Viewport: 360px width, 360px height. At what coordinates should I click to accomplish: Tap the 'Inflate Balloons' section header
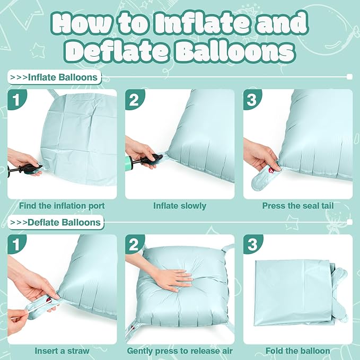pos(55,77)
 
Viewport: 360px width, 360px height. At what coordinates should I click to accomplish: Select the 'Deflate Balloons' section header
pos(56,222)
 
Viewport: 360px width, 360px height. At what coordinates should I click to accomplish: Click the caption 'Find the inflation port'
pos(62,206)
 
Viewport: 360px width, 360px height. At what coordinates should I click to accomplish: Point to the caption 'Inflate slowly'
pos(180,206)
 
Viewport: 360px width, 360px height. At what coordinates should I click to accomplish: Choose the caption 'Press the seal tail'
pos(298,206)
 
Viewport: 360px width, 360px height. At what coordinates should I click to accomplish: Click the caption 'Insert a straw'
pos(62,351)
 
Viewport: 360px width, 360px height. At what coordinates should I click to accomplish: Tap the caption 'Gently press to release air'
pos(180,351)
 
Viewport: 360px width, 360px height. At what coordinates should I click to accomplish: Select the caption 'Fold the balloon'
pos(298,351)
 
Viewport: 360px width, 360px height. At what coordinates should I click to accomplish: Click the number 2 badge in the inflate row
pos(134,100)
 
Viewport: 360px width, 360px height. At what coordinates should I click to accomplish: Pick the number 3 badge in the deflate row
pos(252,244)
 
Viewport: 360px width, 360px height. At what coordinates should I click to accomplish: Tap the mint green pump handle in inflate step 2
pos(129,162)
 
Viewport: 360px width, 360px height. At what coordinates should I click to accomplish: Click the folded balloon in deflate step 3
pos(301,293)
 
